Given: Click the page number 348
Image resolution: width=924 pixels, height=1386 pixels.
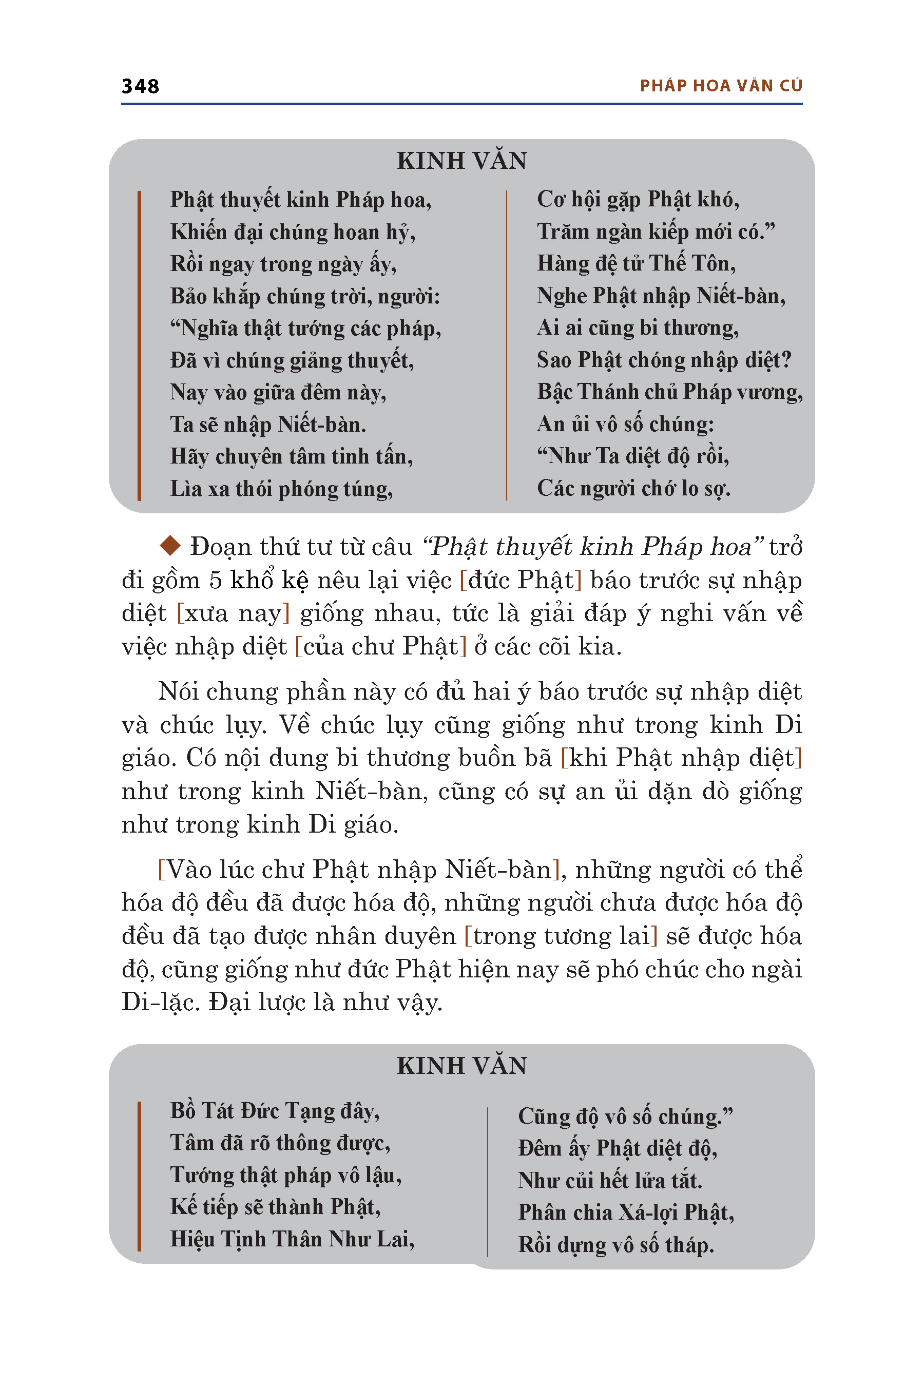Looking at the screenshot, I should [x=140, y=86].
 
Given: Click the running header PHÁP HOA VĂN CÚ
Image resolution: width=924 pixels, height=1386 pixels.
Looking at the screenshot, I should [x=721, y=86].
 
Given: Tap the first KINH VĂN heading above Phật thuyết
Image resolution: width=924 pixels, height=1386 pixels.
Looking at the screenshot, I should [x=461, y=161].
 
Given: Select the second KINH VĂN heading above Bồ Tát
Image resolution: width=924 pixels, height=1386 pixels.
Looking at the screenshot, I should [x=461, y=1066].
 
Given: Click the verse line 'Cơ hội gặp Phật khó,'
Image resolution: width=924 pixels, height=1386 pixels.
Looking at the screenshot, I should [x=638, y=200].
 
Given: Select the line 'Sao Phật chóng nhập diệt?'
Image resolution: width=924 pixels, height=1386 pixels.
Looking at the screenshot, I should [x=664, y=360].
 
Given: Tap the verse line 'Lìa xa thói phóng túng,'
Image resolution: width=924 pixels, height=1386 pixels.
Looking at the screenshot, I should [x=282, y=489].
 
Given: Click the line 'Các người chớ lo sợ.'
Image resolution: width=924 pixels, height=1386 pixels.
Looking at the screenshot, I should [x=633, y=489].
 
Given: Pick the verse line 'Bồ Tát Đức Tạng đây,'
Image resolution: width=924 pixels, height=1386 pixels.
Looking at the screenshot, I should [x=275, y=1111].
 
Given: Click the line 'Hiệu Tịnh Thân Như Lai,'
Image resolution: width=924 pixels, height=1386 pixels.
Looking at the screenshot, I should [x=292, y=1239].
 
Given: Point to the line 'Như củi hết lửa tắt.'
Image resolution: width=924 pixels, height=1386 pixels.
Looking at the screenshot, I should [x=610, y=1180].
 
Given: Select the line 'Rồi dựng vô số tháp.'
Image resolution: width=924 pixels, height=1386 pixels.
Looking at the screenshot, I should [x=616, y=1244].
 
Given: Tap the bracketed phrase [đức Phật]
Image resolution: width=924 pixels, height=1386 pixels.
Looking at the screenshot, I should [x=521, y=580].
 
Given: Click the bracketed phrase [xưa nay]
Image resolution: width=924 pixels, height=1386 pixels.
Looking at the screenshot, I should [x=234, y=613].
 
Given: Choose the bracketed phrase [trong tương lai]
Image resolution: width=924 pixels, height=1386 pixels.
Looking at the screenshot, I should [x=561, y=936].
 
